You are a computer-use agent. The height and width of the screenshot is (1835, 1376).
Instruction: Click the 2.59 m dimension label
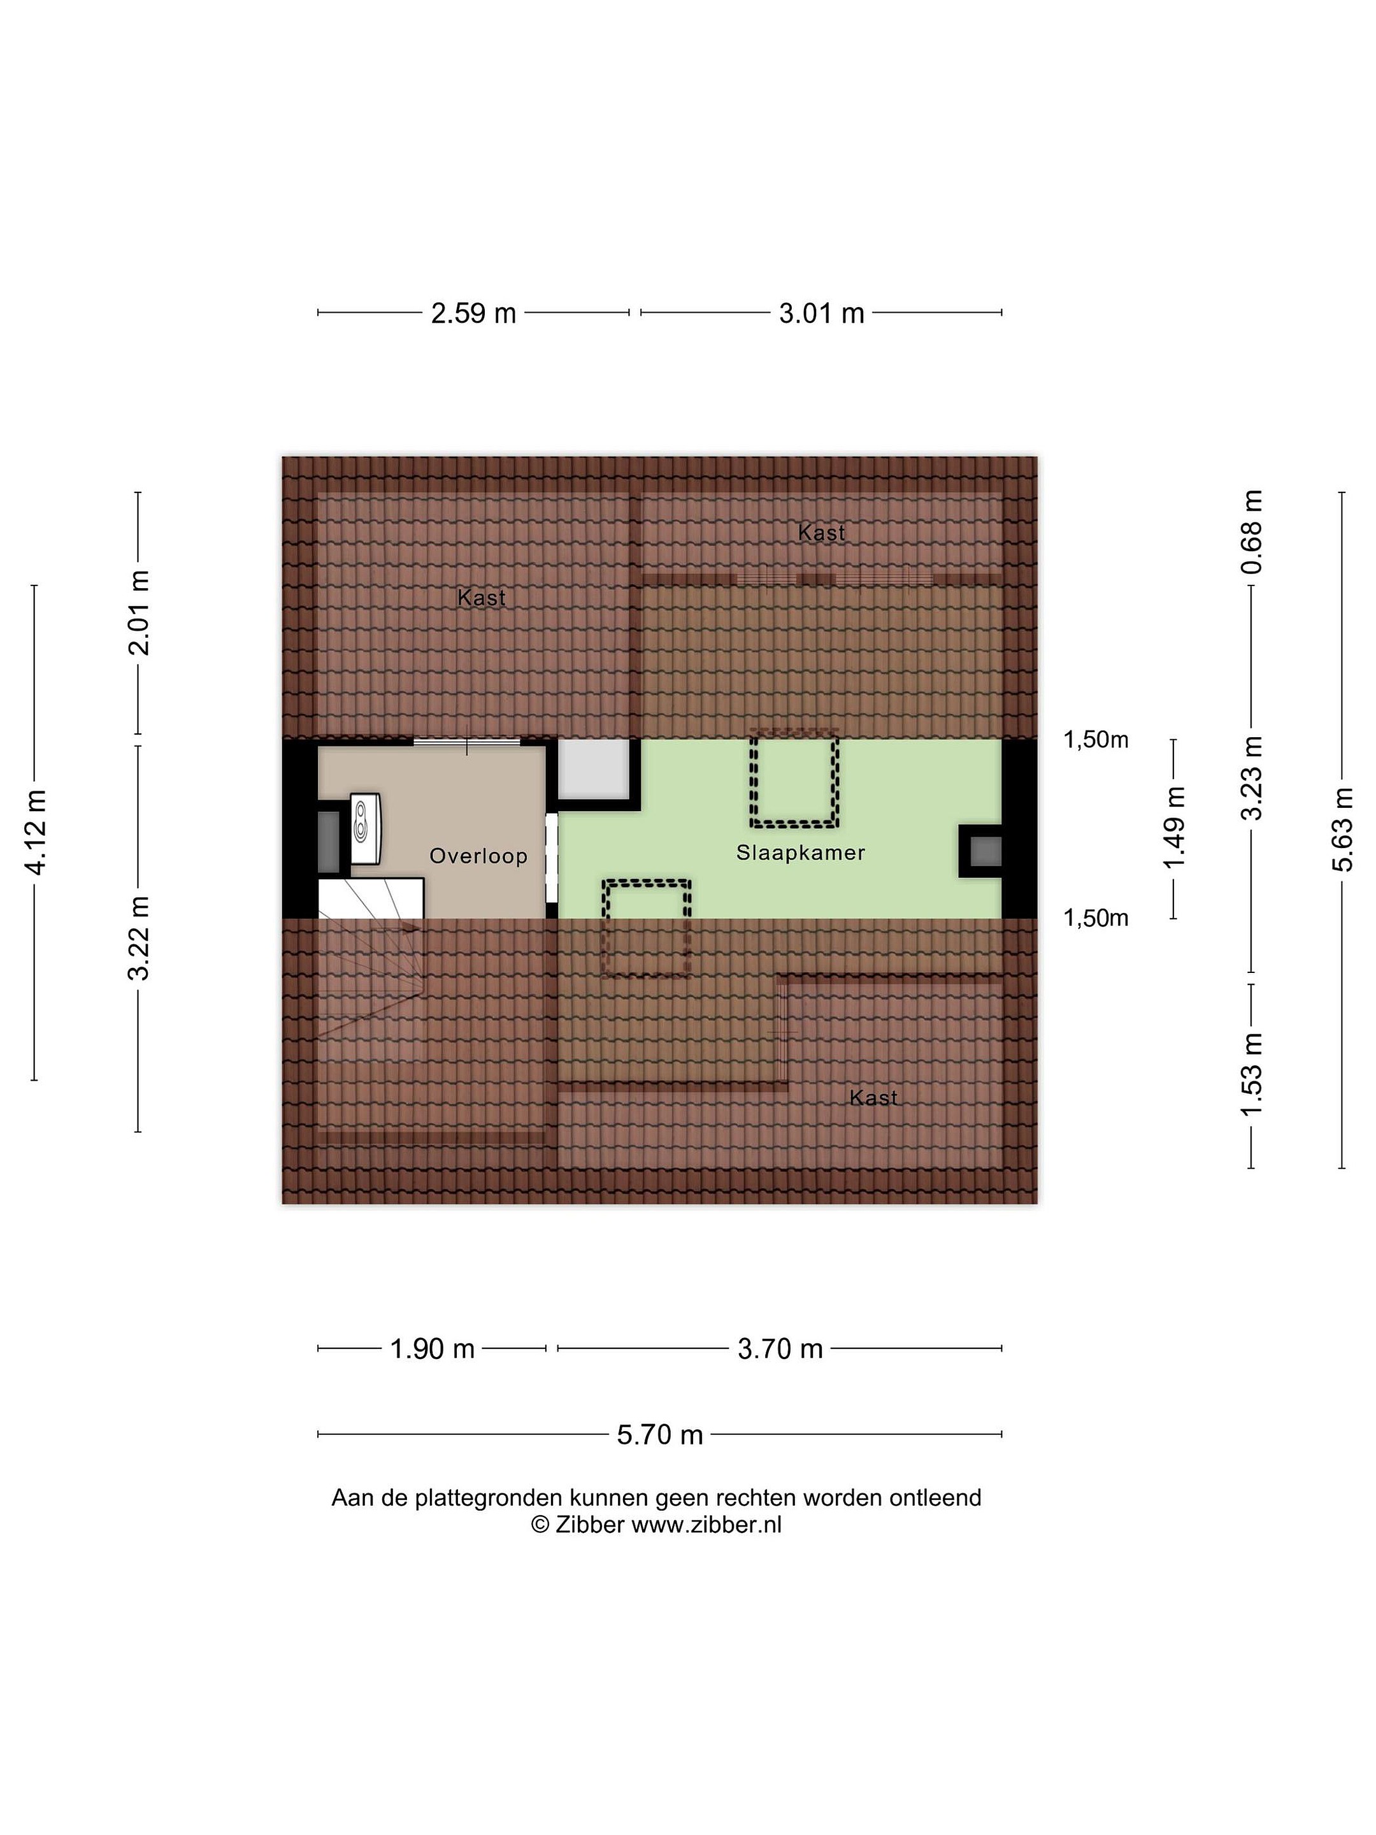[473, 313]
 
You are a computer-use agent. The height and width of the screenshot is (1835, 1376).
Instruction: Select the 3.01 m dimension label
[821, 313]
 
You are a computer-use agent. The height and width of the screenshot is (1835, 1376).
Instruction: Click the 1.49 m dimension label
[1173, 829]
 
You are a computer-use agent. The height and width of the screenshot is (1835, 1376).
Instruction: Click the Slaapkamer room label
[800, 852]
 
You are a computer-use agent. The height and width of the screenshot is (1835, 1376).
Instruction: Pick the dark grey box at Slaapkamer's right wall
[985, 851]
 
